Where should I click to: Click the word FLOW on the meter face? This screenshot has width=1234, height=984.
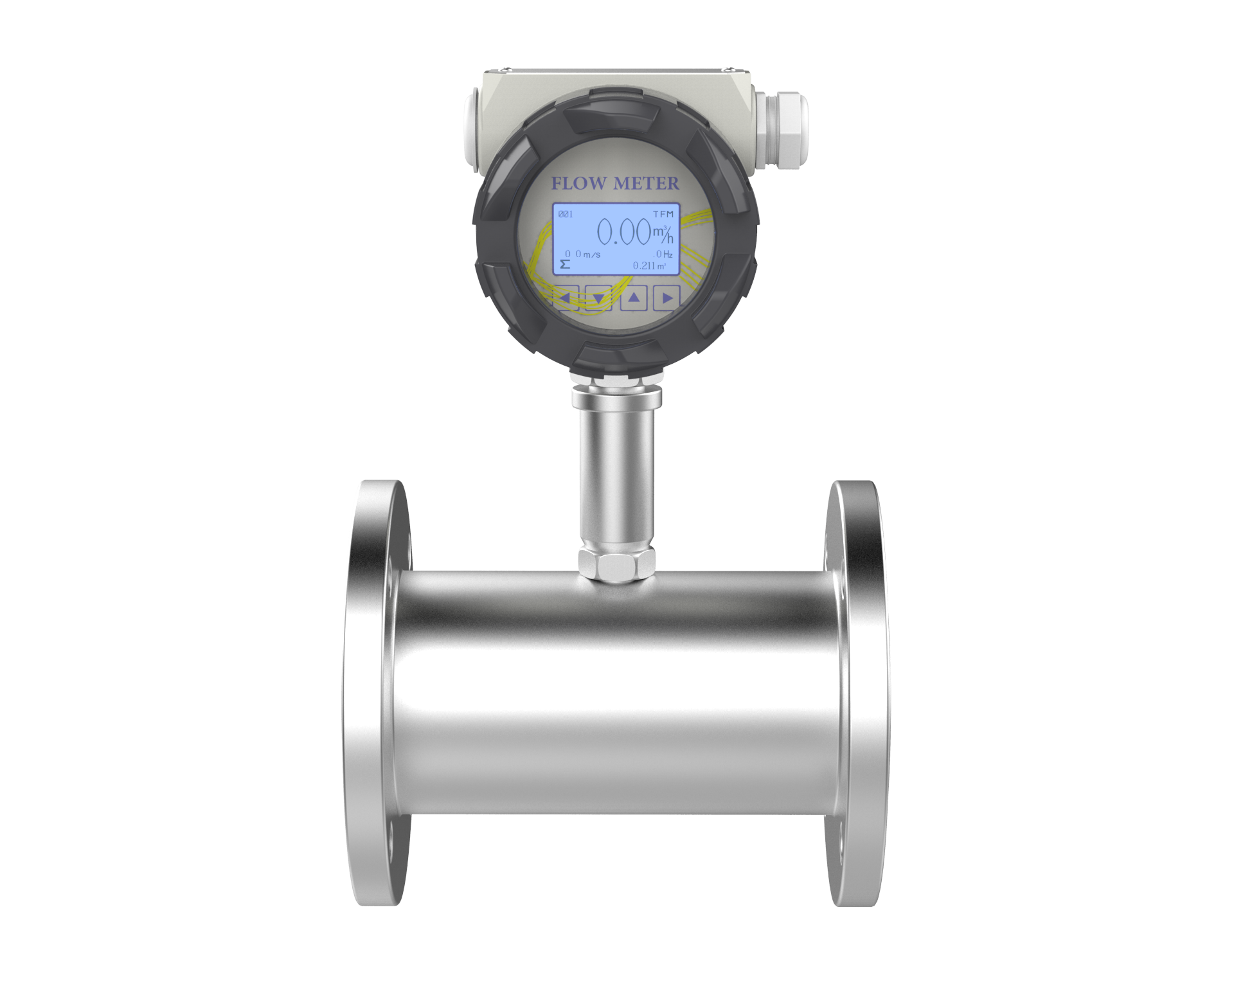[x=578, y=184]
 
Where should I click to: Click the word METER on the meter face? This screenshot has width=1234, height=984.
[x=645, y=184]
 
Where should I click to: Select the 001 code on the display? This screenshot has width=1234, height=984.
[x=566, y=214]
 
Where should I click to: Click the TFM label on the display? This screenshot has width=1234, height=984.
[x=663, y=214]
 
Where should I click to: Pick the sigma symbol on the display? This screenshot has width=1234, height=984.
[x=565, y=264]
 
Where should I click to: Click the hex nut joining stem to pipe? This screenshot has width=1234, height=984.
[x=616, y=564]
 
